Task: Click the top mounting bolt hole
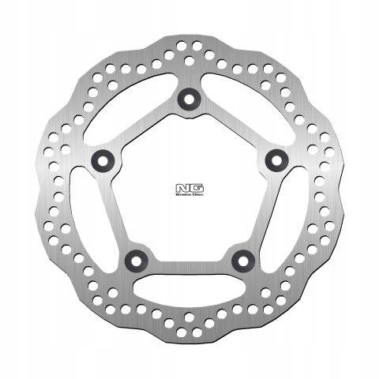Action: pos(189,98)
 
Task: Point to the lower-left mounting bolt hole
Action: pos(136,258)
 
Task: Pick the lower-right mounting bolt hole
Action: pos(243,258)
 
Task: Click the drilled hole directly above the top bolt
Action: pos(189,60)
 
